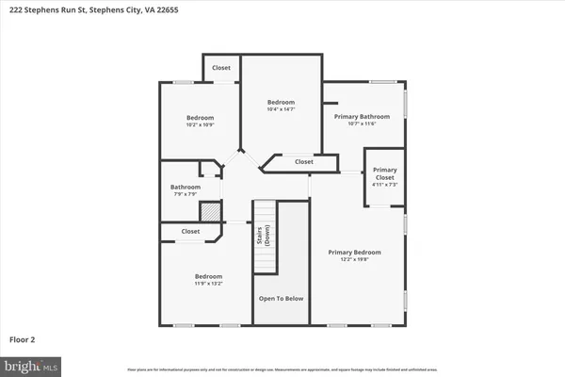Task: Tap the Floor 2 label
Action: pos(22,338)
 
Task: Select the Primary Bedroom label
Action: pos(354,253)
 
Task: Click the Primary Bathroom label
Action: pos(362,117)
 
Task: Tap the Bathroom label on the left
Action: pos(186,187)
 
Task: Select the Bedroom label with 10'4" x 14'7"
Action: pos(281,102)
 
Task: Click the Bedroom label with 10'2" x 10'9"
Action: pos(199,118)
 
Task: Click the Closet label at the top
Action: pos(221,68)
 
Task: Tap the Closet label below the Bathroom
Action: pos(190,231)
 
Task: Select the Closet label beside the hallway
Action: pos(303,162)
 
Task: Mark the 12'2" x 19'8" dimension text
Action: pos(354,260)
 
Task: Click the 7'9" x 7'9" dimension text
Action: pos(186,194)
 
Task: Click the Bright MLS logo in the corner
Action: pos(30,363)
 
